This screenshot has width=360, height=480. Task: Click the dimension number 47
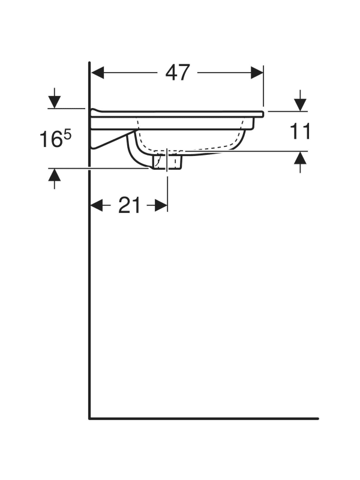(178, 73)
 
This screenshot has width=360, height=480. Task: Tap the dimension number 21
(129, 205)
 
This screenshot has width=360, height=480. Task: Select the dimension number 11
(299, 131)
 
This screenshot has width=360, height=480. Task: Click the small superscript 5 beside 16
(67, 134)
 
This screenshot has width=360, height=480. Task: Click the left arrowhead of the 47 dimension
(98, 73)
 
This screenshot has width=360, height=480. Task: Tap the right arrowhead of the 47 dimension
(257, 73)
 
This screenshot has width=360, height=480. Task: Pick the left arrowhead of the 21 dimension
(97, 205)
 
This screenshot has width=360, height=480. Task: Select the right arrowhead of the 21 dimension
(161, 205)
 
